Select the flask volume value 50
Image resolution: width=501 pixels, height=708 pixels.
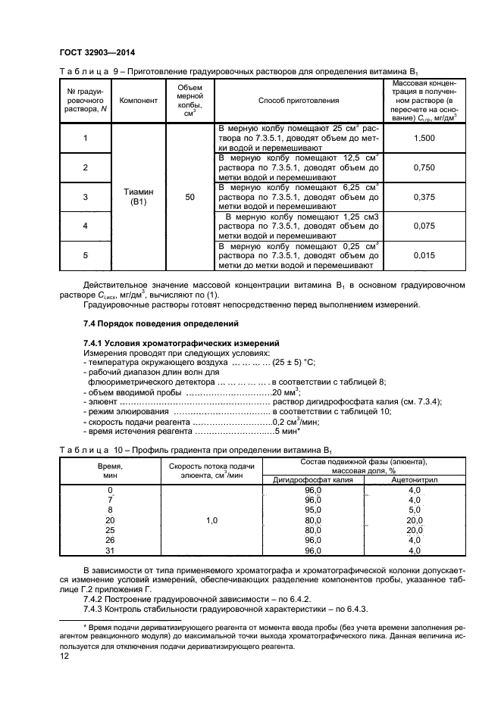pyautogui.click(x=189, y=197)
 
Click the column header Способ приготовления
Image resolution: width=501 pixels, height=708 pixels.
pyautogui.click(x=298, y=100)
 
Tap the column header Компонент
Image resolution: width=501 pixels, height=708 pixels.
pyautogui.click(x=138, y=100)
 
